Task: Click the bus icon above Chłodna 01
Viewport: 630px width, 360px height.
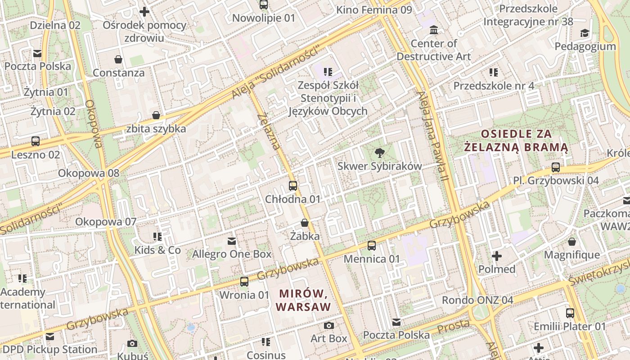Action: (x=293, y=185)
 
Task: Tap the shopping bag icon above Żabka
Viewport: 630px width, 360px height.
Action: (x=305, y=223)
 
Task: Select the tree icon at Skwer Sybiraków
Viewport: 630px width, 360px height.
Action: (x=380, y=153)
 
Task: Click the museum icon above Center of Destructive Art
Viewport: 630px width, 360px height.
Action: (x=434, y=30)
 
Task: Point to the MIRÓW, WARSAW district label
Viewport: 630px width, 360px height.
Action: (x=303, y=300)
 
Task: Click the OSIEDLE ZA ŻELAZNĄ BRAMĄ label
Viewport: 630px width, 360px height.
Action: (x=516, y=140)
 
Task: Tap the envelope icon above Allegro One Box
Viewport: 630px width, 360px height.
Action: (x=232, y=241)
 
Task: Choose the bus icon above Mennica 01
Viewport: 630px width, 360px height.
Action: (x=372, y=246)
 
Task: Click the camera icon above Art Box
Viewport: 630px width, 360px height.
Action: (x=329, y=325)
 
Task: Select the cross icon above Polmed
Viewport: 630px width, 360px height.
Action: (x=497, y=256)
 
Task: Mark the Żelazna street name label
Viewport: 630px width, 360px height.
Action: (x=269, y=131)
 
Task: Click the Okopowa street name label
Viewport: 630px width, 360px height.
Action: (x=94, y=124)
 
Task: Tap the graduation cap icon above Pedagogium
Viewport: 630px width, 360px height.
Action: (x=585, y=33)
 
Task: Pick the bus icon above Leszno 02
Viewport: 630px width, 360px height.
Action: (x=36, y=141)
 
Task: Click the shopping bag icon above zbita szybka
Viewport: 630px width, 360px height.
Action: (x=156, y=116)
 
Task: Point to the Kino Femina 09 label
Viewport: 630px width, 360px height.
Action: (x=374, y=9)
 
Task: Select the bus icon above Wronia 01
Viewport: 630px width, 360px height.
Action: (x=244, y=282)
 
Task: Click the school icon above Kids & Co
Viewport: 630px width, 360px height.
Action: (x=157, y=237)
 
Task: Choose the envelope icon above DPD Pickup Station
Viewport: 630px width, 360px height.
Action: (x=49, y=337)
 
